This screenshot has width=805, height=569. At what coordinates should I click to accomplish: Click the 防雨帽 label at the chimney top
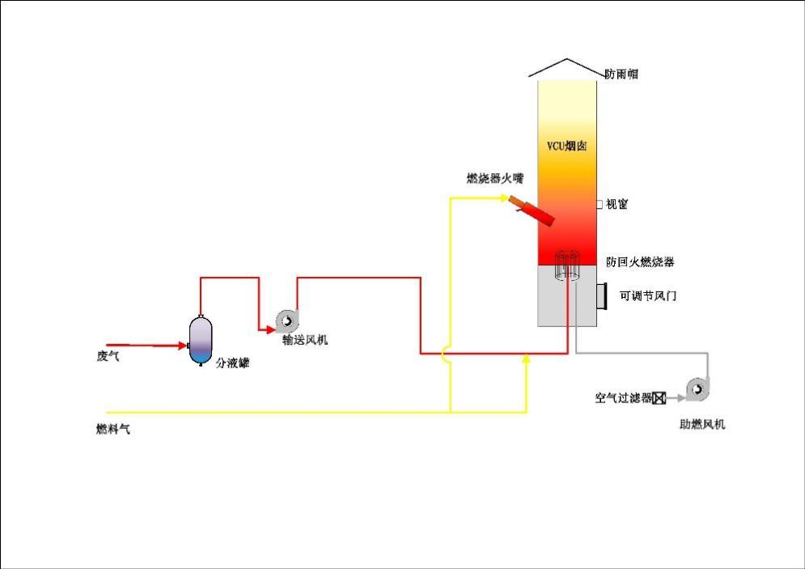click(621, 74)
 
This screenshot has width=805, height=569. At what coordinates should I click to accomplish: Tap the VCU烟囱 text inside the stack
click(566, 146)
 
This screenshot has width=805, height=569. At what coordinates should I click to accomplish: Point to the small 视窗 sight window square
click(600, 205)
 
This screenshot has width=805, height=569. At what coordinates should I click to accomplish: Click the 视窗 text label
click(617, 205)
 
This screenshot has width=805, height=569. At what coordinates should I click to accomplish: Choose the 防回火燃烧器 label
click(640, 262)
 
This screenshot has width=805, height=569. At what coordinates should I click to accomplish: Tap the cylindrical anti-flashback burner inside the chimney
click(567, 265)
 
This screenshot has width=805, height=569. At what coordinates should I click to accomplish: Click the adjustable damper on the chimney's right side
click(602, 296)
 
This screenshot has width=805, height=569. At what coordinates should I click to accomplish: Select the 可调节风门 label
click(648, 296)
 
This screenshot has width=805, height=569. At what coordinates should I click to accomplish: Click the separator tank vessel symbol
click(200, 341)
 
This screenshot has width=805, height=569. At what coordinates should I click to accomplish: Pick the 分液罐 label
click(232, 364)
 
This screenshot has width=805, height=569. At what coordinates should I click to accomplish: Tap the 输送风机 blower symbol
click(287, 321)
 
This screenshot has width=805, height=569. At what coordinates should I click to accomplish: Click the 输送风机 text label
click(305, 341)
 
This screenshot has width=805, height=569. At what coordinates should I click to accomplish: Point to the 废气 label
click(108, 356)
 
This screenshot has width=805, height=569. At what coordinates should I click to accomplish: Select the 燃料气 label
click(113, 430)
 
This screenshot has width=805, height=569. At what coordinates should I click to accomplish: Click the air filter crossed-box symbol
click(659, 397)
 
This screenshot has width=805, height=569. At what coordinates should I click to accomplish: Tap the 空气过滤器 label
click(623, 398)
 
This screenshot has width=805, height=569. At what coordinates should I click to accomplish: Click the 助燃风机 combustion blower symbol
click(696, 390)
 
